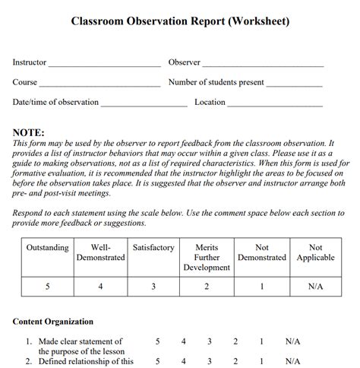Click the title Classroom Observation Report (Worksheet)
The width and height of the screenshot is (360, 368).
point(180,21)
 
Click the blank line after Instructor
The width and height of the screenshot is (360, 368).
point(105,65)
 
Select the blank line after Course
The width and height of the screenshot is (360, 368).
point(99,84)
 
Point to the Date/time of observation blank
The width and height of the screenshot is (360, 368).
point(144,104)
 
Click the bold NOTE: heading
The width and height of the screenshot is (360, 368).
point(29,132)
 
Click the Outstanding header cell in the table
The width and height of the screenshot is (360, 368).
point(47,248)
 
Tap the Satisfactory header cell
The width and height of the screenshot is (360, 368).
point(153,248)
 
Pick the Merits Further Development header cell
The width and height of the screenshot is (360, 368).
point(207,258)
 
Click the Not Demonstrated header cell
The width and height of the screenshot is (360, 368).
point(262,252)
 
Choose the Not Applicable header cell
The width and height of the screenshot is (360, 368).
point(315,252)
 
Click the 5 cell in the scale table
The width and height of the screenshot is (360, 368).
point(47,287)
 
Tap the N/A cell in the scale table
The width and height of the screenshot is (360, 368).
point(315,287)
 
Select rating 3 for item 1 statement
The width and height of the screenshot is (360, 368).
point(210,342)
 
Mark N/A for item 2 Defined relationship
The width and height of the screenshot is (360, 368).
point(293,361)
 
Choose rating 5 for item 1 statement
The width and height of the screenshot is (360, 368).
point(158,342)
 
